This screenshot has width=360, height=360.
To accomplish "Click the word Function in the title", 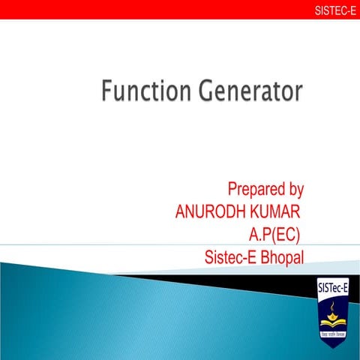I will point(147,93).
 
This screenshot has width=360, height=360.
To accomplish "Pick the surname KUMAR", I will point(274,210).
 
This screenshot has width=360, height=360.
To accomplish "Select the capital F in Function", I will point(108,93).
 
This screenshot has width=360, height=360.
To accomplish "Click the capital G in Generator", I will point(207,93).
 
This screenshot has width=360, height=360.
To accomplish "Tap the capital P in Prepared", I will point(233,188).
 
